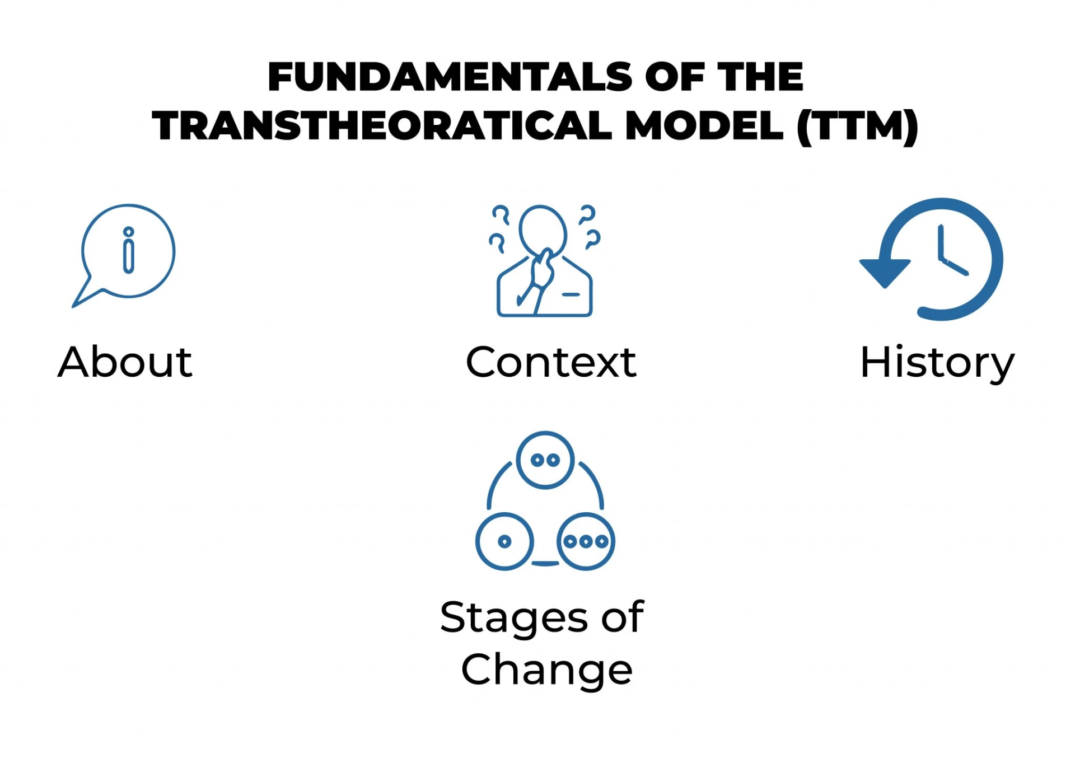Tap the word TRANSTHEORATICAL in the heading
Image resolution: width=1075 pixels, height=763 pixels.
tap(382, 125)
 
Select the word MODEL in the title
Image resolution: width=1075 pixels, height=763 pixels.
tap(704, 125)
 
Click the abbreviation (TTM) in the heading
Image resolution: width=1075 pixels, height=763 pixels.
tap(857, 127)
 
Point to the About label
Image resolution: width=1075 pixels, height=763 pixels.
tap(125, 362)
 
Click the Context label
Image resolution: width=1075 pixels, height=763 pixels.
tap(551, 362)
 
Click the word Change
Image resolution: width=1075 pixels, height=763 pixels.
tap(546, 671)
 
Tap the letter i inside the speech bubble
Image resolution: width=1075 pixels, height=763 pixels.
tap(129, 250)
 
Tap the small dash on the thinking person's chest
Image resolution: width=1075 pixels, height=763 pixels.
tap(571, 294)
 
